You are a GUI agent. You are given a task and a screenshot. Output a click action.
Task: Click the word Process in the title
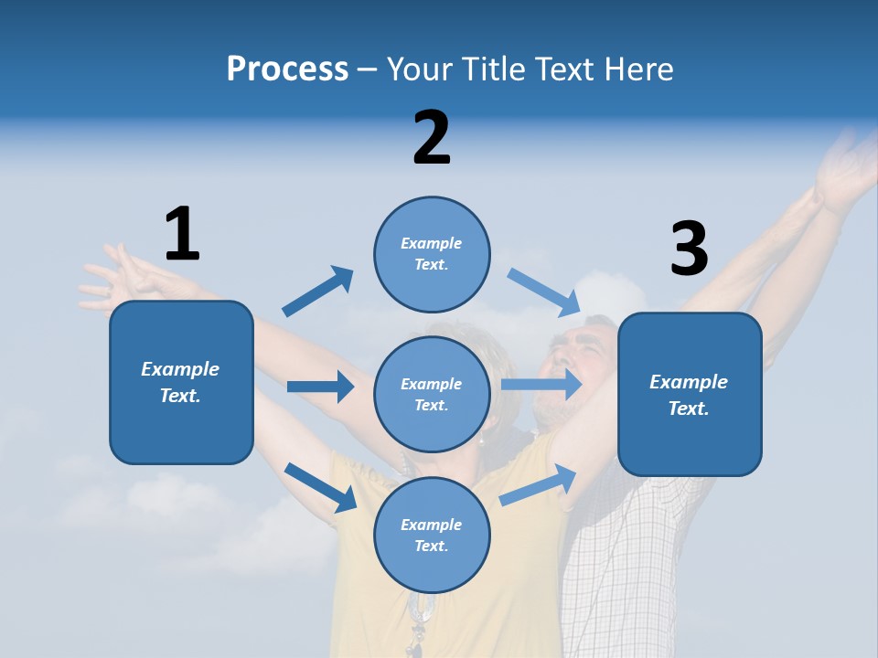(287, 69)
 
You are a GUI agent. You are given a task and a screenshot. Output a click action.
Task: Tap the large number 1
(182, 234)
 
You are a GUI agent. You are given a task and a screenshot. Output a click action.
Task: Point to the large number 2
(432, 138)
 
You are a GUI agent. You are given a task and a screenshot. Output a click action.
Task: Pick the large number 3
(689, 249)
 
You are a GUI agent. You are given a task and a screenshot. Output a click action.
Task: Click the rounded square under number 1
(181, 382)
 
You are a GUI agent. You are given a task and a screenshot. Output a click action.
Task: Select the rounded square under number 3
(690, 395)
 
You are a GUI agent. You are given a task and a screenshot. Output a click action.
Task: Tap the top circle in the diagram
(432, 254)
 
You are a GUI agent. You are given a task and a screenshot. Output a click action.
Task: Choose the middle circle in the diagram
(432, 395)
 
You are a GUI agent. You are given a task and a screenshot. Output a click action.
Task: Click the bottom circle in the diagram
(432, 536)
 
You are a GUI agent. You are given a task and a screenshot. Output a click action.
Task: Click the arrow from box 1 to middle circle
(320, 387)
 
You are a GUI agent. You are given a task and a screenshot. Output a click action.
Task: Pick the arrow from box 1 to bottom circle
(320, 487)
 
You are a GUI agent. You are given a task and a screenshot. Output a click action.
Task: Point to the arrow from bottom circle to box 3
(538, 485)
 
